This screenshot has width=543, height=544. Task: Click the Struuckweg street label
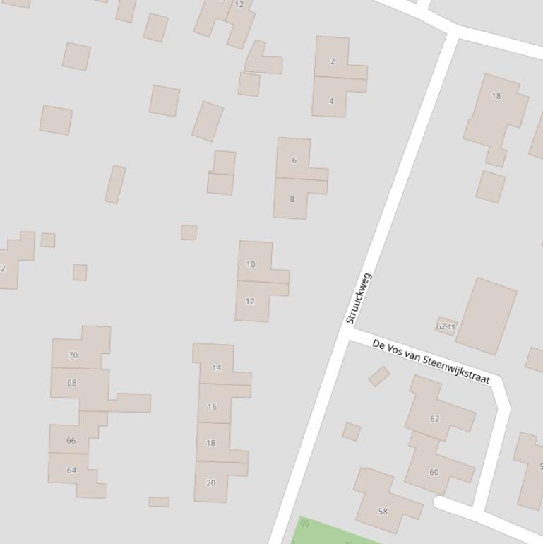pos(358,298)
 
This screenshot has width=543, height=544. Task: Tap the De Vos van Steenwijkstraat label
pos(431,361)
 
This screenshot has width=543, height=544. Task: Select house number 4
pos(331,101)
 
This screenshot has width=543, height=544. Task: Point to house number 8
pos(292,199)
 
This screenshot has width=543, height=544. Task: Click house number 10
pos(251,264)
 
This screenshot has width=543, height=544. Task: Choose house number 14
pos(216,367)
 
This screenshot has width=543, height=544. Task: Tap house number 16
pos(212,407)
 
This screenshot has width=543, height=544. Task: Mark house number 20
pos(210,483)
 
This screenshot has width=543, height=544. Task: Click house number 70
pos(73,355)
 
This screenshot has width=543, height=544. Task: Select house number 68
pos(71,383)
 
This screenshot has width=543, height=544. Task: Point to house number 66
pos(71,441)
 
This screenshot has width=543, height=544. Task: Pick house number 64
pos(71,471)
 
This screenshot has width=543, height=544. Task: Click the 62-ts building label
pos(446,326)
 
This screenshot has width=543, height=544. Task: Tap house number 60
pos(434,473)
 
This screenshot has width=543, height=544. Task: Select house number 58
pos(383,512)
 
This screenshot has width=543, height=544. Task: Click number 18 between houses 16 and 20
pos(210,444)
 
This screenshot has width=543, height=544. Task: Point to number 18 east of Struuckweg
pos(496,96)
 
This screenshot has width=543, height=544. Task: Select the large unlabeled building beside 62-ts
pos(487,316)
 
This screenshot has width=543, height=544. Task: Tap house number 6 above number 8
pos(294,160)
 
